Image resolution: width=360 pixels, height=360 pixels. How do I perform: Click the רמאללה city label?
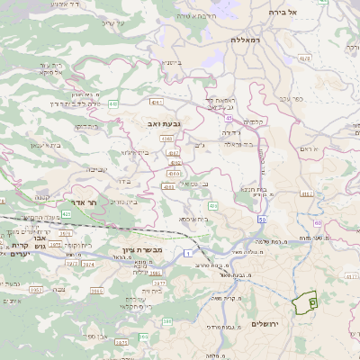click(x=244, y=40)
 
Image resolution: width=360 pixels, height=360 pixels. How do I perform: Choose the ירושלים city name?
click(x=265, y=324)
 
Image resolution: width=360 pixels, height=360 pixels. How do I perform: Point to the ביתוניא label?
click(x=171, y=62)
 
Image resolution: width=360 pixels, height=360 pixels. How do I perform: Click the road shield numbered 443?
click(x=113, y=104)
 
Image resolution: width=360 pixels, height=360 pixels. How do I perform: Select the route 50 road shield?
click(x=261, y=220)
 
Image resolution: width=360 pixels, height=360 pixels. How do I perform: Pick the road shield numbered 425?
click(x=92, y=216)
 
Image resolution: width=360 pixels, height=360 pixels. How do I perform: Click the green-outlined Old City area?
click(x=306, y=303)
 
